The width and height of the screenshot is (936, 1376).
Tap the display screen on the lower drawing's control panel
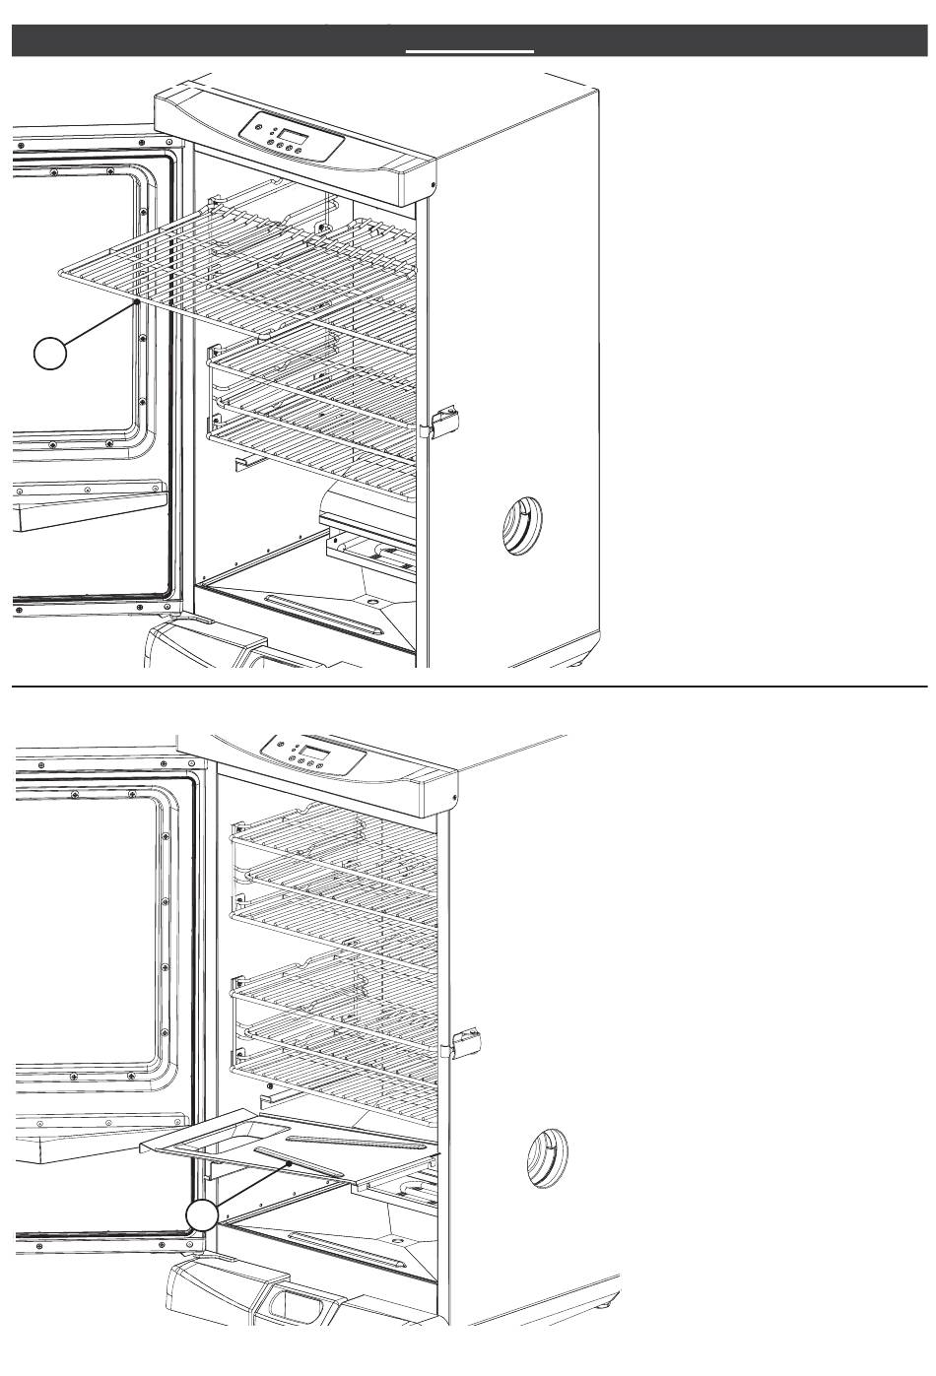coord(316,755)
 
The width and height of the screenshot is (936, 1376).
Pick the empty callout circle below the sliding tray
coord(203,1215)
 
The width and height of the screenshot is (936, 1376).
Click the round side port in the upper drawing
coord(520,527)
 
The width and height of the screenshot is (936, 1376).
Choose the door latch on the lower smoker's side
coord(466,1040)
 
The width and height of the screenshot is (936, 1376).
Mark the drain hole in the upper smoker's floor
coord(372,600)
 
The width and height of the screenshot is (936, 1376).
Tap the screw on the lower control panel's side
coord(454,797)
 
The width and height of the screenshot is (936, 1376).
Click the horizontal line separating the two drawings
coord(468,685)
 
